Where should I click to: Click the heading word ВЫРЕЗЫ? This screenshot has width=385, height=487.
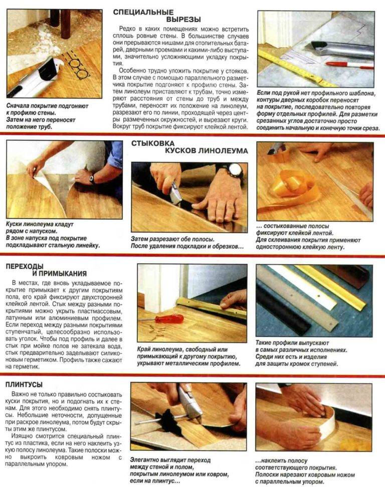click(183, 20)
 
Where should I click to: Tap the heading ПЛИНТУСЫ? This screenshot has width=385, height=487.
click(24, 384)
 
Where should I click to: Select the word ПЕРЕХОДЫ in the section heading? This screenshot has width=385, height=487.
click(25, 266)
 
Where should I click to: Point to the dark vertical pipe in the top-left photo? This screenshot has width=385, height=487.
click(66, 24)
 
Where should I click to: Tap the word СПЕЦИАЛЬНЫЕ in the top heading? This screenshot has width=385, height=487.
click(143, 13)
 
